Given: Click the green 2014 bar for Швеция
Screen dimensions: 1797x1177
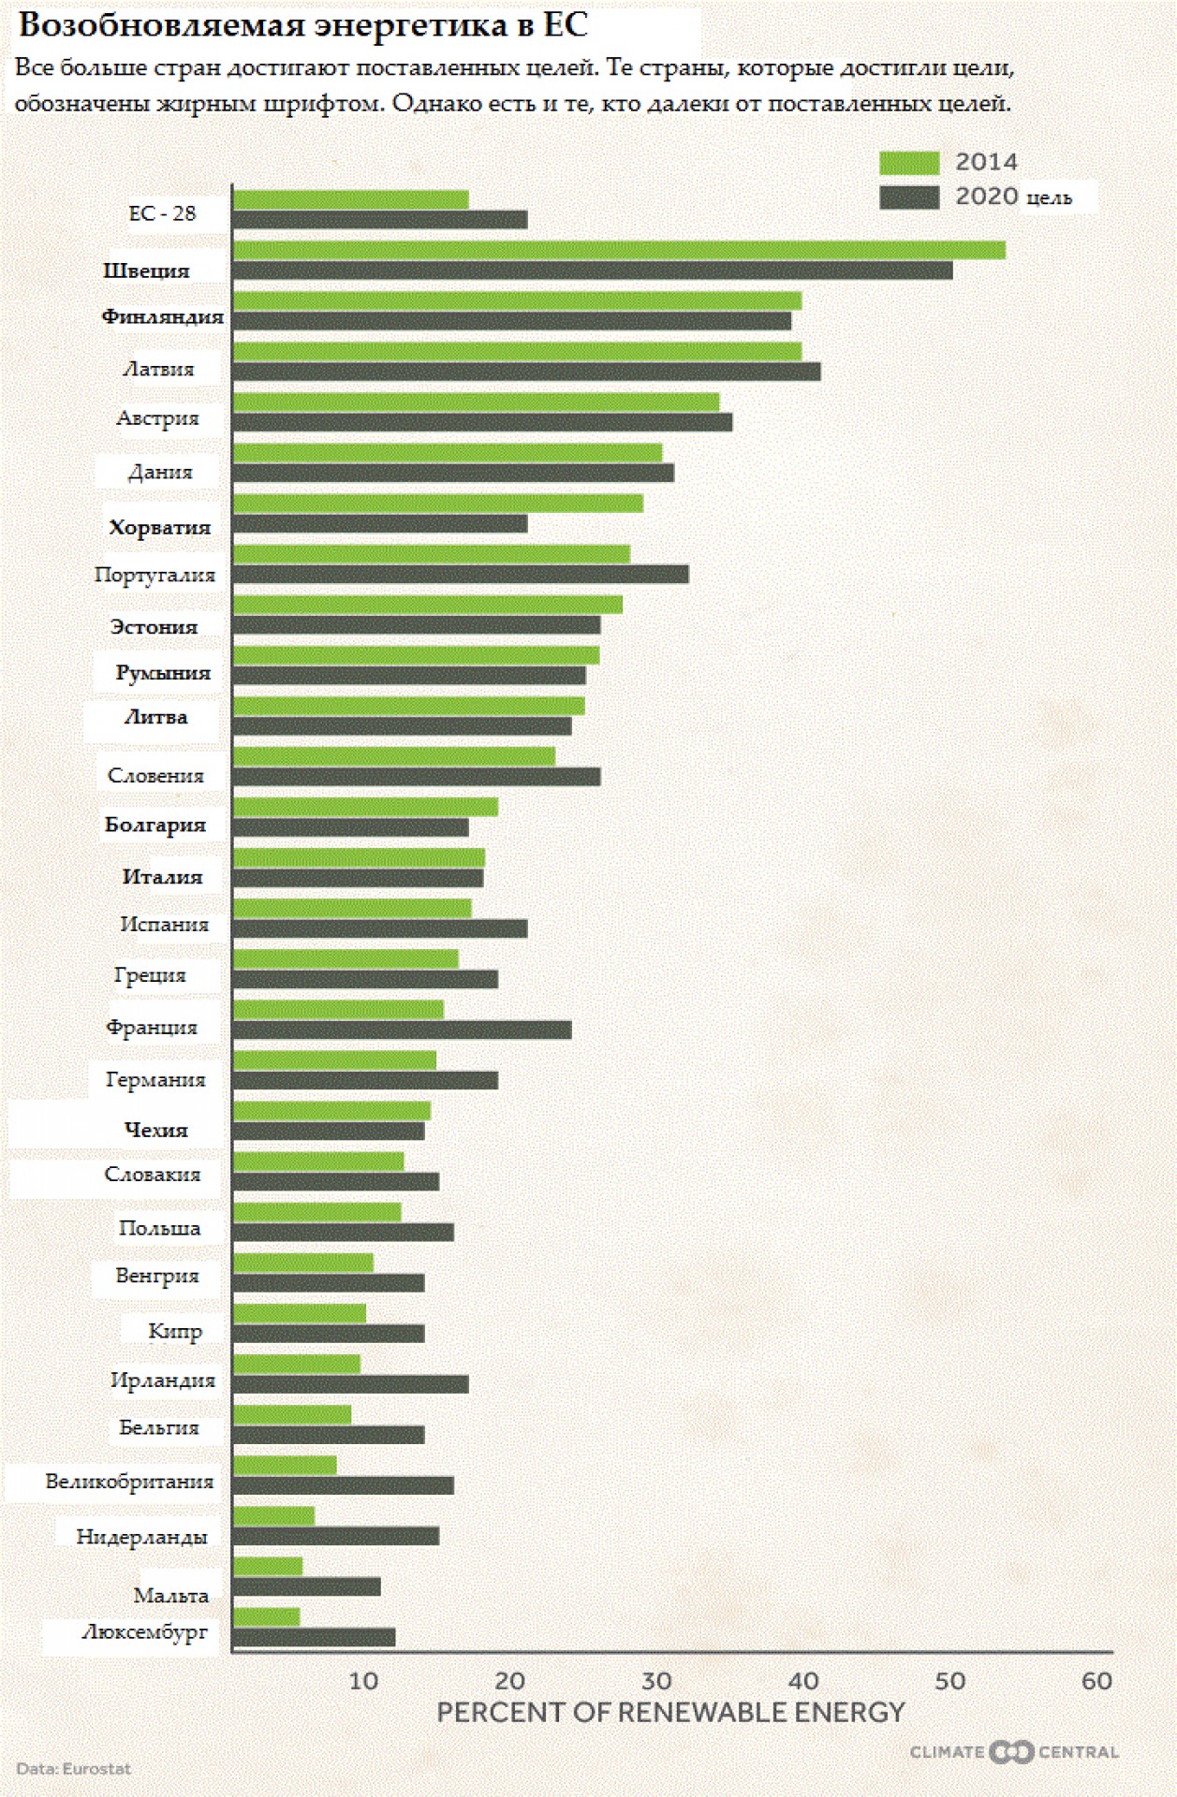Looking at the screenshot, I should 618,250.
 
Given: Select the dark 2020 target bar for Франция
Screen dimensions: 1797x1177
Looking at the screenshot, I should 402,1030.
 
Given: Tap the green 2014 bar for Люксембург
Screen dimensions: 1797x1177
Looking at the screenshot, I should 266,1616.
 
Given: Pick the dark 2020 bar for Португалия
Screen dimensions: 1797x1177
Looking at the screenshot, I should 460,574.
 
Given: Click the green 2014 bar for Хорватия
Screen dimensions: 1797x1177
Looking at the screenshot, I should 437,504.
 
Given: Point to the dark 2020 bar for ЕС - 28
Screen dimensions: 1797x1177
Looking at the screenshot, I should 379,220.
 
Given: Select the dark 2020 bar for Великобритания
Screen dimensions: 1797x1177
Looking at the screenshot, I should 343,1485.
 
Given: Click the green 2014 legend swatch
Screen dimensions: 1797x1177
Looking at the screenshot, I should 908,163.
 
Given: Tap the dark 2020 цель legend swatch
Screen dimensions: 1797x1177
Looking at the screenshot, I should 908,197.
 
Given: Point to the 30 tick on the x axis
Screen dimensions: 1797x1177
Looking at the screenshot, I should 656,1681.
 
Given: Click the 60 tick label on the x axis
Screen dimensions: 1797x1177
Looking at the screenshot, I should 1096,1681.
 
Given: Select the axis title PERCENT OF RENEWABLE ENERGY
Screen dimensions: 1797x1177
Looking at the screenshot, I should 670,1712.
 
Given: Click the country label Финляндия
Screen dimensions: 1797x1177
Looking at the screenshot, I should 162,316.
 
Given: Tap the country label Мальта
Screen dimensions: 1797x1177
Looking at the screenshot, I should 170,1595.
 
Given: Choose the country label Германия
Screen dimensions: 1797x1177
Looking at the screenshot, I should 155,1079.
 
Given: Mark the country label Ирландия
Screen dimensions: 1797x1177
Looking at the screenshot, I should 163,1380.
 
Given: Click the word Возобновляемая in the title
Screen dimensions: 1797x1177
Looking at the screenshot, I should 164,25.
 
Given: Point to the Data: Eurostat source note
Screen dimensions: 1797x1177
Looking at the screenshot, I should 73,1768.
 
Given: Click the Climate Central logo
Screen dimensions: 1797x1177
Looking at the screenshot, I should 1013,1751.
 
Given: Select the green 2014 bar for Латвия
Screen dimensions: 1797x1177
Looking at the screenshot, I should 517,351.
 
